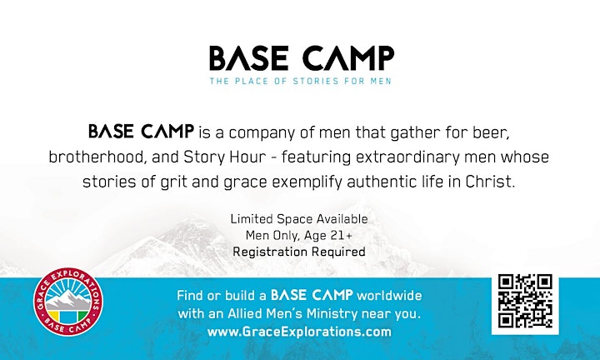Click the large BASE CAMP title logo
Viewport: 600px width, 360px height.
click(x=302, y=58)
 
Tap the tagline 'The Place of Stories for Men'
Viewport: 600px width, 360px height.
click(x=300, y=81)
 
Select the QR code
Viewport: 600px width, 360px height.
click(x=525, y=301)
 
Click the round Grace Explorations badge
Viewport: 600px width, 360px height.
click(x=68, y=302)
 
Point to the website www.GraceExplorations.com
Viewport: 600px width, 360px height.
click(x=299, y=332)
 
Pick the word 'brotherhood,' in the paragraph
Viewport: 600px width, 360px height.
click(x=97, y=157)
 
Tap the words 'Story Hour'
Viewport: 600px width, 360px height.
click(x=225, y=157)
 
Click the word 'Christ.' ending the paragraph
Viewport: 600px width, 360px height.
click(x=490, y=182)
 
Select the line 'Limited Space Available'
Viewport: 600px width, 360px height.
click(x=299, y=219)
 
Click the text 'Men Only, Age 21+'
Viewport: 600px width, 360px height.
click(x=299, y=235)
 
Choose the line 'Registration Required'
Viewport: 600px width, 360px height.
click(x=299, y=252)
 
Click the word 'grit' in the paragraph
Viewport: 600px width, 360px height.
click(x=174, y=182)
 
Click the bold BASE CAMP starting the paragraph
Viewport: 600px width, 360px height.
click(x=141, y=131)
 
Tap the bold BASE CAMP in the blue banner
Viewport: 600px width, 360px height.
click(x=312, y=295)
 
